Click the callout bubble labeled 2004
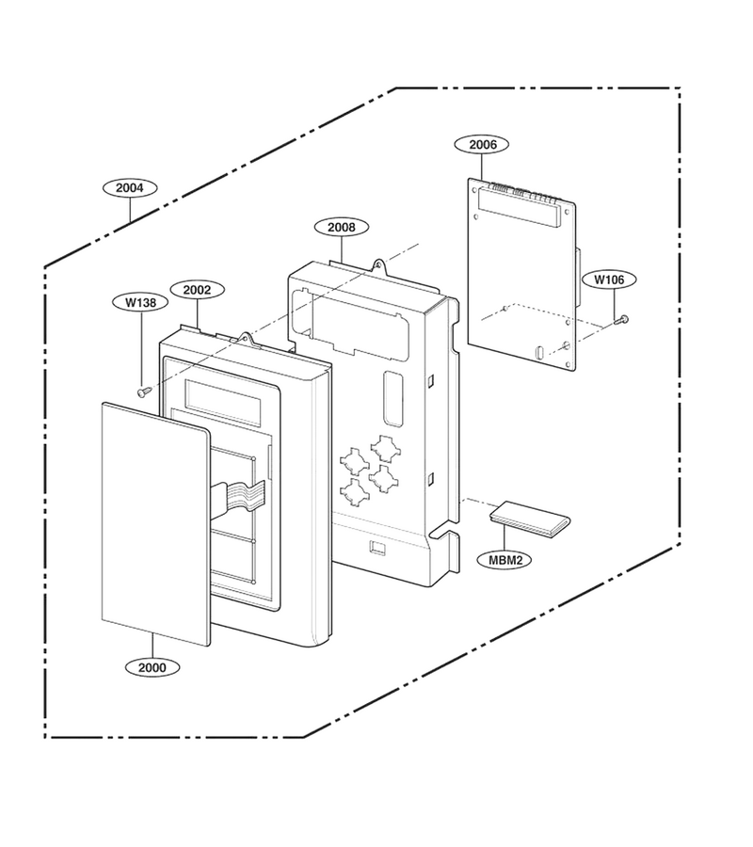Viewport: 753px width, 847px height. [x=130, y=188]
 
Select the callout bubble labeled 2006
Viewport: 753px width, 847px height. [x=482, y=144]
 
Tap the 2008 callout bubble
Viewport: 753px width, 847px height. [x=342, y=227]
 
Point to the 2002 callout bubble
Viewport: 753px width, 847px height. [x=197, y=290]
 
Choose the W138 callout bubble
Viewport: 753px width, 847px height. [x=140, y=302]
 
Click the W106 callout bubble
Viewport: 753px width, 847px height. [x=609, y=280]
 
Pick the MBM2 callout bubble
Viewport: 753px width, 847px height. [x=505, y=560]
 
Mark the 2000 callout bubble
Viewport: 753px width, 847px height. [x=152, y=667]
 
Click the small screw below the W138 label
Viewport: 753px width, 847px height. [x=143, y=392]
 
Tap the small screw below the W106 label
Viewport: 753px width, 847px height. [x=620, y=320]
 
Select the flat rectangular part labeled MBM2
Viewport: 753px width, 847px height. [x=530, y=519]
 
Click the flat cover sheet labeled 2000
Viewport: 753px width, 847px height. [x=155, y=524]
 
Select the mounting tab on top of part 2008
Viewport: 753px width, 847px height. [x=379, y=264]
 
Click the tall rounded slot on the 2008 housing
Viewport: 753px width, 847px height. [x=393, y=397]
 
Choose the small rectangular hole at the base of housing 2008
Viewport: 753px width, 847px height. [x=377, y=548]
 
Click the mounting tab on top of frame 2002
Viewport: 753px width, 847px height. [x=247, y=338]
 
